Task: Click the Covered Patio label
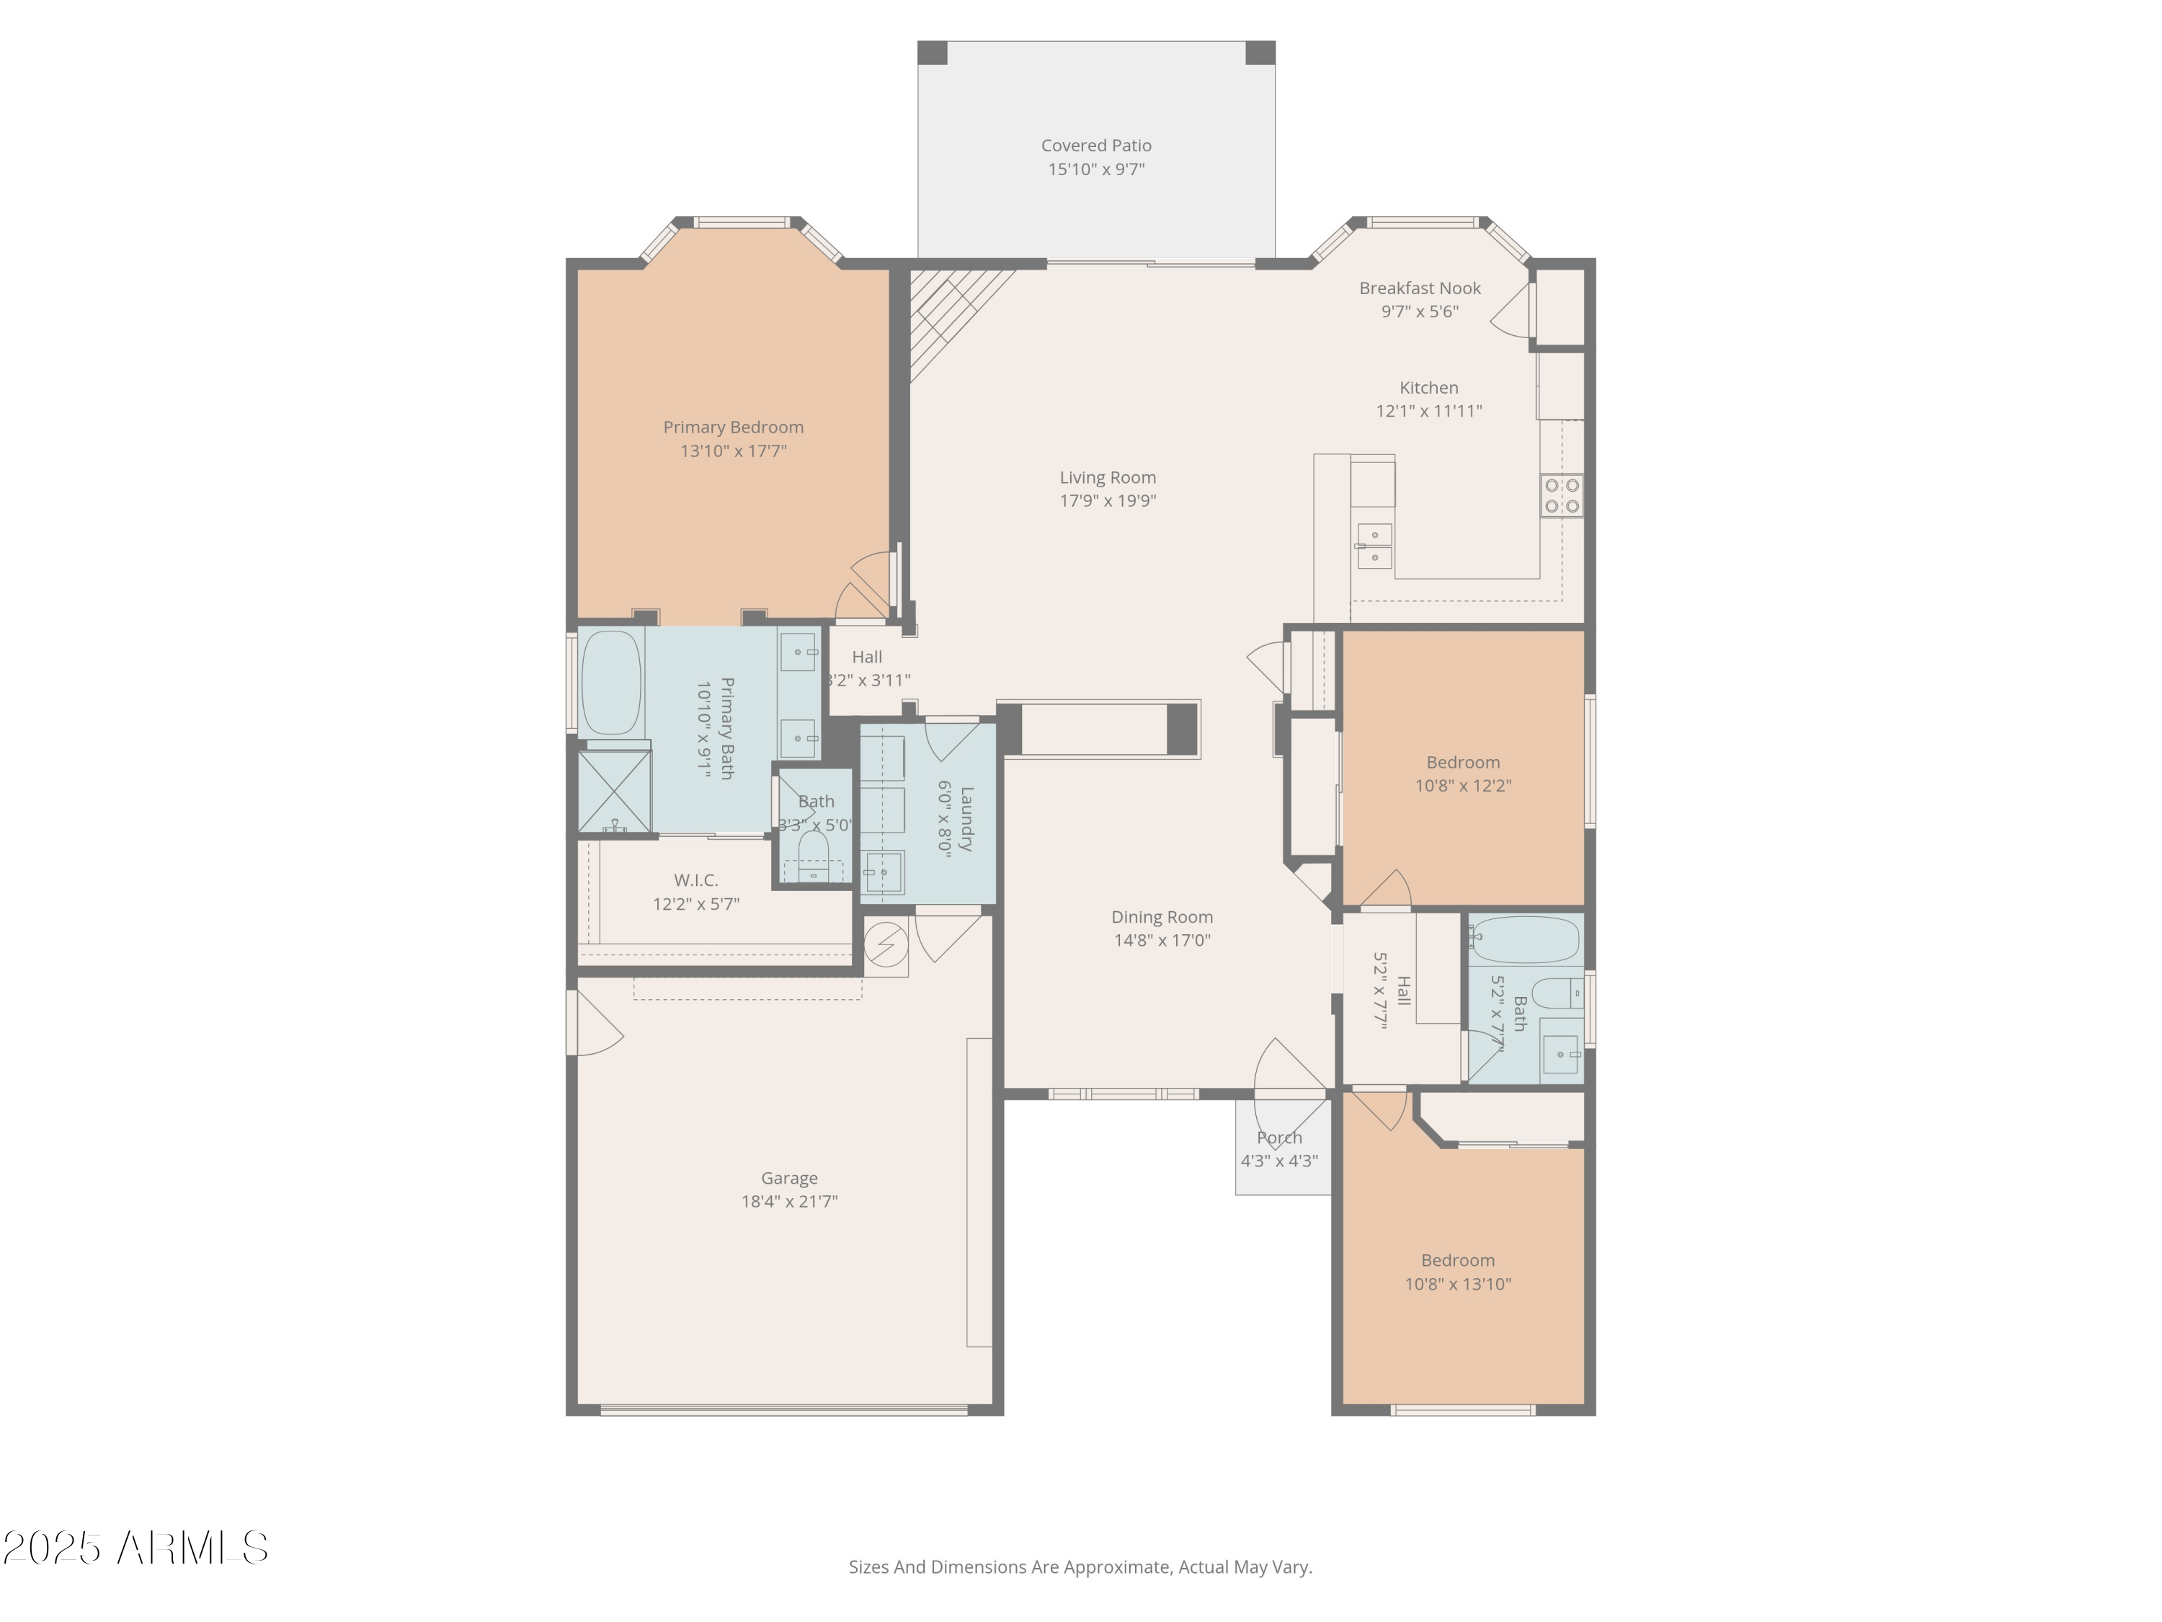click(x=1095, y=146)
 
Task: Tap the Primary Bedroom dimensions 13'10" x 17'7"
click(x=733, y=451)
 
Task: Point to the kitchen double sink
click(x=1374, y=546)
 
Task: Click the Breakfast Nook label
click(x=1419, y=288)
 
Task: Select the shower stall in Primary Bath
click(x=614, y=792)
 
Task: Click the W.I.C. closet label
click(x=695, y=880)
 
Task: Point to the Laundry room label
click(x=966, y=820)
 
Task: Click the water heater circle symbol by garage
click(x=886, y=944)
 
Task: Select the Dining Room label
click(x=1161, y=917)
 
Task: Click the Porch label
click(x=1278, y=1137)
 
